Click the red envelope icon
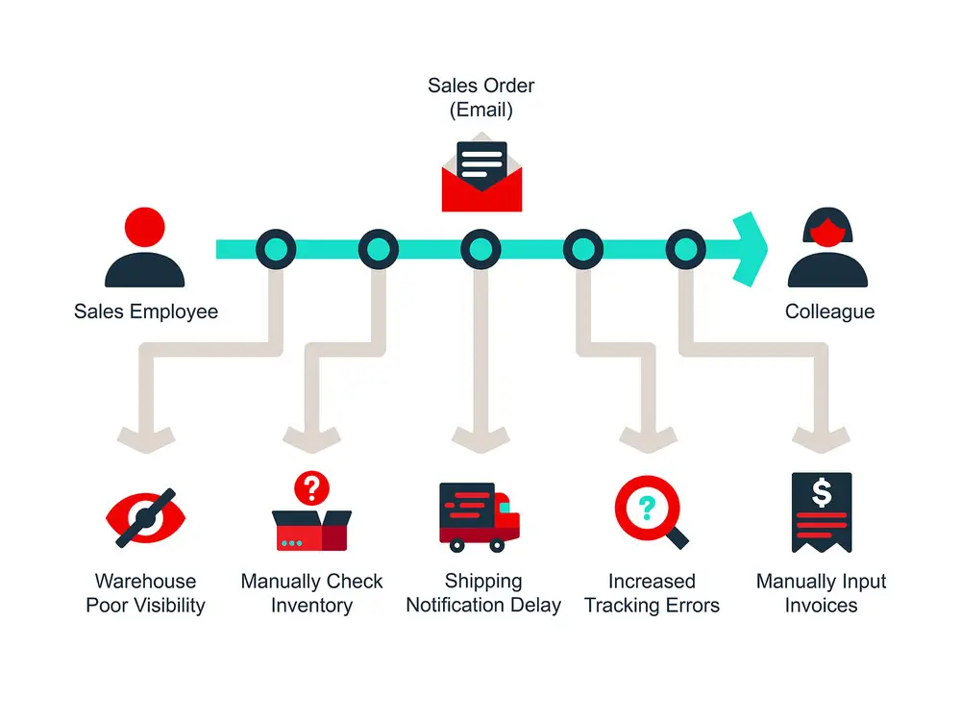tap(481, 176)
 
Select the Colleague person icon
tap(827, 249)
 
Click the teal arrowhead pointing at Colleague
tap(751, 249)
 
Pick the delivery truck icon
tap(479, 516)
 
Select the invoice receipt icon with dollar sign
tap(821, 511)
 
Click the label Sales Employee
tap(146, 311)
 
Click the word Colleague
tap(829, 311)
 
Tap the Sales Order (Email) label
tap(481, 97)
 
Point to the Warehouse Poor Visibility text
tap(145, 593)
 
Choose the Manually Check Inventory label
tap(311, 593)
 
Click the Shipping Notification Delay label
tap(483, 593)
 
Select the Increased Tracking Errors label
tap(652, 593)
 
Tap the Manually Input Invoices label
tap(821, 593)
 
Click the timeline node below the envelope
tap(480, 250)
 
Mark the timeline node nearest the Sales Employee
tap(276, 250)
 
